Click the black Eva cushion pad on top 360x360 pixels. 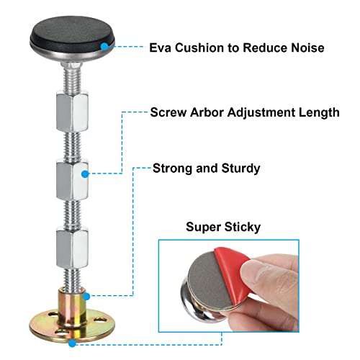tap(71, 34)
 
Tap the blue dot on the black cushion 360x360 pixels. tap(104, 47)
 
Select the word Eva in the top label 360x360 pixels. tap(161, 48)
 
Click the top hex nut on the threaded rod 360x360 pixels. tap(72, 111)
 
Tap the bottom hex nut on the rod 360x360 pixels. tap(72, 247)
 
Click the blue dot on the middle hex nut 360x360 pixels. tap(85, 174)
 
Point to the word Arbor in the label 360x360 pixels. tap(207, 112)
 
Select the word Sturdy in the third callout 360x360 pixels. tap(240, 168)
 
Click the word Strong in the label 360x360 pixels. tap(174, 168)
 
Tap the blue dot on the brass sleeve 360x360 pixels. tap(86, 297)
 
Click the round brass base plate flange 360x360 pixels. tap(72, 327)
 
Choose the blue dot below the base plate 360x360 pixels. tap(72, 343)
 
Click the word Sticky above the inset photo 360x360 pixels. tap(243, 228)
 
